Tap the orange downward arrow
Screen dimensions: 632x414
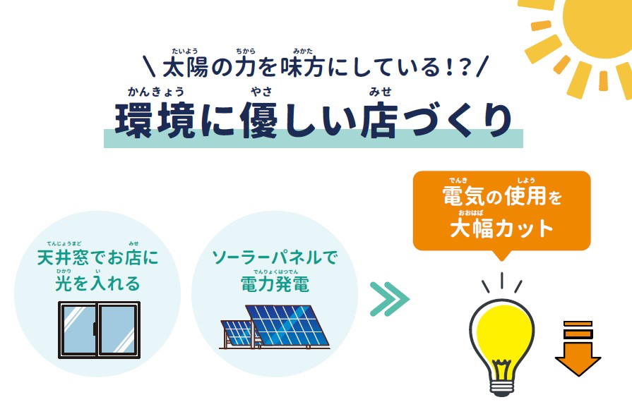click(x=578, y=348)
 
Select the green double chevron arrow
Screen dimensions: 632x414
click(x=389, y=299)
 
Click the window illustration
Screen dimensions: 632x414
click(x=99, y=330)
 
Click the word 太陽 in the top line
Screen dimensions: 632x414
click(x=186, y=67)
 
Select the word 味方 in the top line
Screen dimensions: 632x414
click(x=303, y=67)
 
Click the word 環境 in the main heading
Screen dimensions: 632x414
click(x=155, y=121)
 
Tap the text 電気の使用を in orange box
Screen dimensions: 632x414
click(x=502, y=196)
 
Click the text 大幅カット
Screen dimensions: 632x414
click(x=501, y=229)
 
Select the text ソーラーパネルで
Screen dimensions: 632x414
click(x=275, y=257)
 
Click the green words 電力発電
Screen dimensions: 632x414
click(x=275, y=284)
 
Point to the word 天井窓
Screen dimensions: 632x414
click(x=62, y=257)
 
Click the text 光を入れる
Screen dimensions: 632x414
click(x=97, y=284)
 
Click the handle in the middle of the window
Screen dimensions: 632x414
click(x=95, y=329)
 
